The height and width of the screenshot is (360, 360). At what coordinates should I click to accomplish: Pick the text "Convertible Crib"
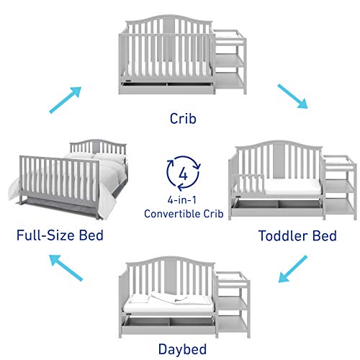(x=181, y=214)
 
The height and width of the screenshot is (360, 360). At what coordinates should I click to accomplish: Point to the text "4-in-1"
(x=181, y=201)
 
